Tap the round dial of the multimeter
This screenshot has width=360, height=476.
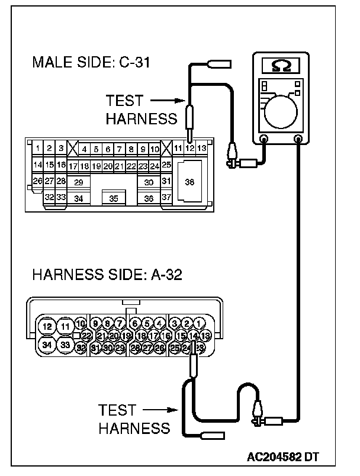tap(281, 111)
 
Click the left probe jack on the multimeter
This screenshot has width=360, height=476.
tap(264, 140)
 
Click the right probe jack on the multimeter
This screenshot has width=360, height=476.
tap(298, 140)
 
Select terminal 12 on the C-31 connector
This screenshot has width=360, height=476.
tap(189, 148)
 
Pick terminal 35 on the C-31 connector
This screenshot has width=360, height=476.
tap(114, 198)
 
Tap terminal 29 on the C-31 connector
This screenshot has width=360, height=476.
tap(79, 182)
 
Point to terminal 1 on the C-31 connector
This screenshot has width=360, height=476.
tap(38, 148)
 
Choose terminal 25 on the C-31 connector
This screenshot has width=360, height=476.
tap(166, 165)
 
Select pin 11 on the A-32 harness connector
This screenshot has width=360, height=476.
tap(66, 326)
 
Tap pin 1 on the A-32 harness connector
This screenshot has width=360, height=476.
tap(200, 323)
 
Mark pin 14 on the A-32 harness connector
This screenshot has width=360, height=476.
tap(194, 336)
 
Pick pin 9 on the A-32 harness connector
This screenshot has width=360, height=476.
tap(95, 323)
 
